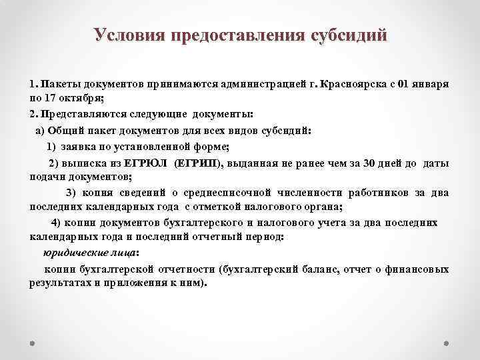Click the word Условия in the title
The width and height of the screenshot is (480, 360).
pos(127,35)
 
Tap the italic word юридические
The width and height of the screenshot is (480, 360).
pos(71,253)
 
